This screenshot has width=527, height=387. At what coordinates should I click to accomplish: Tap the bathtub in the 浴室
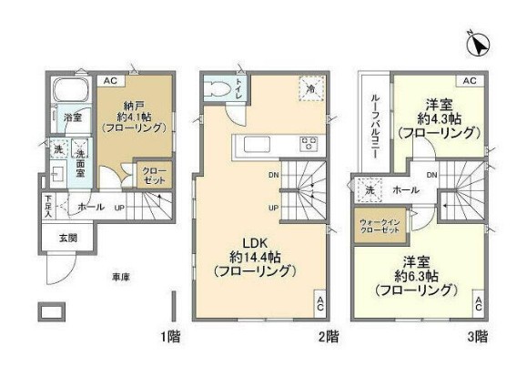point(67,91)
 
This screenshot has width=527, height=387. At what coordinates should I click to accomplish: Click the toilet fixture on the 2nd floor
point(218,88)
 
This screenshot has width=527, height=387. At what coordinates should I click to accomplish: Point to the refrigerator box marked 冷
point(309,89)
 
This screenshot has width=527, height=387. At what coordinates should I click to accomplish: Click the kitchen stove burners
point(309,143)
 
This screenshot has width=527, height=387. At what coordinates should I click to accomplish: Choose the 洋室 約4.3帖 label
point(439,117)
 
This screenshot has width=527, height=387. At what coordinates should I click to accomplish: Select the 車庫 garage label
point(120,276)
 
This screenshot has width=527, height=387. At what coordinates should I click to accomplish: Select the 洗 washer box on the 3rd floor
point(370,192)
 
